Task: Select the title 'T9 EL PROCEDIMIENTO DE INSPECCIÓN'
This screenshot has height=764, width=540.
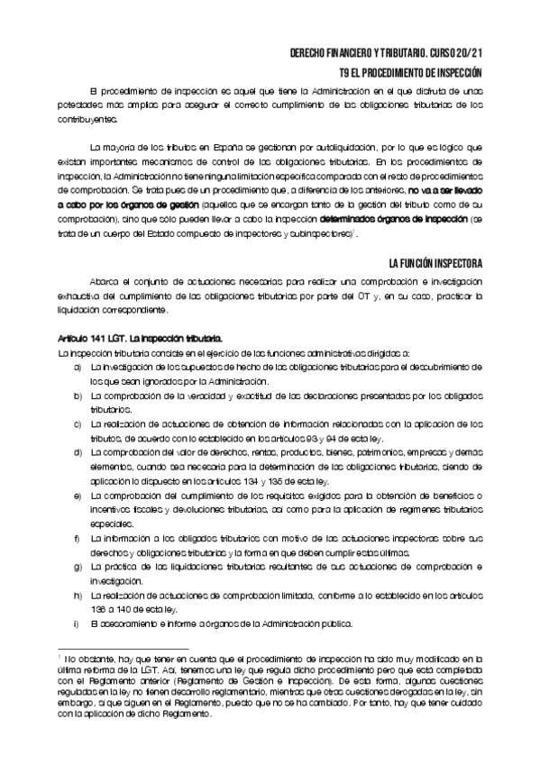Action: [x=411, y=73]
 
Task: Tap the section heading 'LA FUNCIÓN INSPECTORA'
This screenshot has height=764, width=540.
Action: [x=435, y=263]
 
